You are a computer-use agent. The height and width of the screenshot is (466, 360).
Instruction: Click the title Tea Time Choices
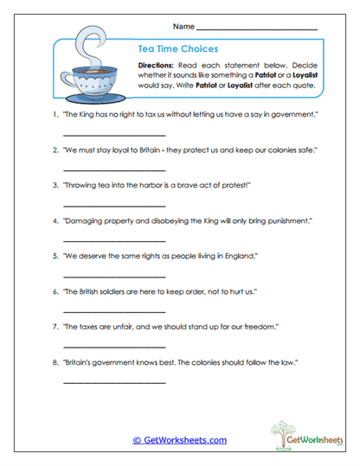178,49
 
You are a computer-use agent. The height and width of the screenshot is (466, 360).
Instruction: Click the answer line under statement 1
114,137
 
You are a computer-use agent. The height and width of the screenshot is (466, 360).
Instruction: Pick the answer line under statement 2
114,171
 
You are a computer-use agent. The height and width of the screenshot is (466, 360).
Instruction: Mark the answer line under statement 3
114,206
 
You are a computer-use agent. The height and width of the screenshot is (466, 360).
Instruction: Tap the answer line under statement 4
114,241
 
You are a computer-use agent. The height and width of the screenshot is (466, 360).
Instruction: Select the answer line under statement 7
114,347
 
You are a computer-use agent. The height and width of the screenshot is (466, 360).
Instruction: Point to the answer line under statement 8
114,382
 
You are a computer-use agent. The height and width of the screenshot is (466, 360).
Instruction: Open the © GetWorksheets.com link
179,440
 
